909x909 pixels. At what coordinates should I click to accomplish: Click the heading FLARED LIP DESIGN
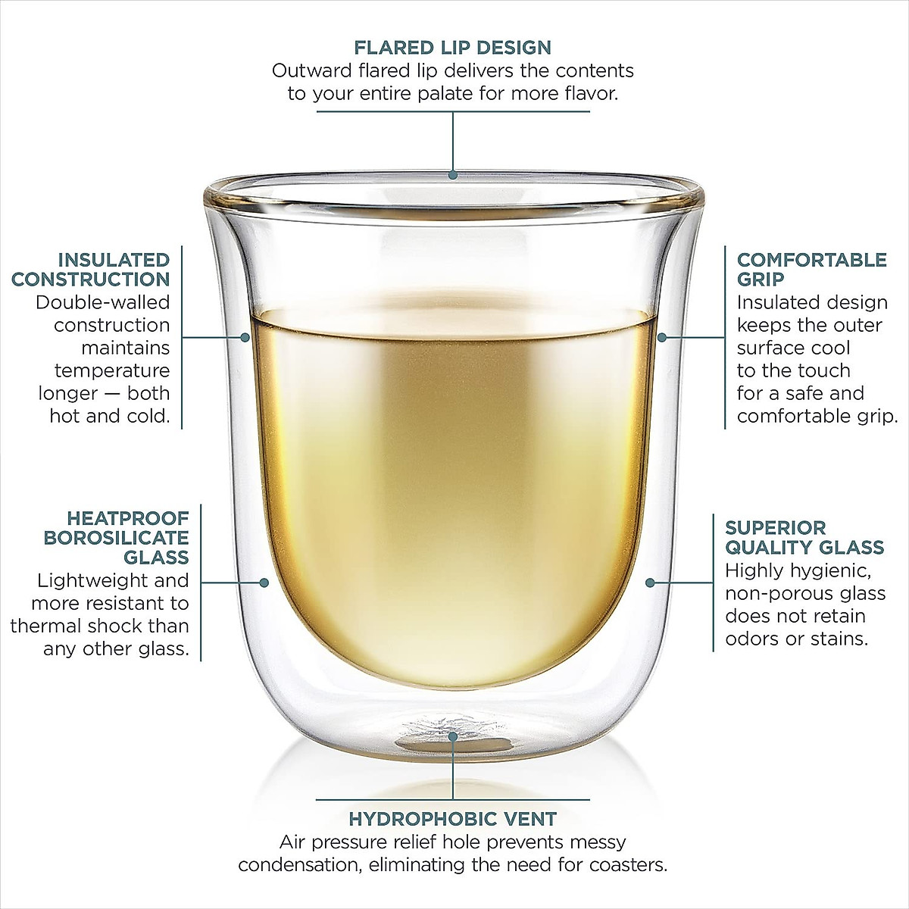(x=453, y=48)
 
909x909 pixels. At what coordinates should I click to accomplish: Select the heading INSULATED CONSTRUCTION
(x=91, y=270)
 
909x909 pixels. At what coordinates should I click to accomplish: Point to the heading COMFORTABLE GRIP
(x=811, y=269)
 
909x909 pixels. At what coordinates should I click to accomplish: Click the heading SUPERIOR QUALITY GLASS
(x=804, y=538)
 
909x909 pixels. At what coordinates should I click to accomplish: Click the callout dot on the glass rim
(x=453, y=175)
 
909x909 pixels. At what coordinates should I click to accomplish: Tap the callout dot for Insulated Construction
(x=245, y=337)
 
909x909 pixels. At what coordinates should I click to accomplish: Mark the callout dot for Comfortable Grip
(x=662, y=337)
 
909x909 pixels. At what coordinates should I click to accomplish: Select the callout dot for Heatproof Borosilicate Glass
(x=264, y=583)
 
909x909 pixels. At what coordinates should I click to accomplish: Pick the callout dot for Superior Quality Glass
(x=649, y=583)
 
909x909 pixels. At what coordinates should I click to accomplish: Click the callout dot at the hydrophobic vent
(x=453, y=736)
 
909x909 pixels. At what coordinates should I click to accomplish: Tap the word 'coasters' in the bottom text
(x=629, y=865)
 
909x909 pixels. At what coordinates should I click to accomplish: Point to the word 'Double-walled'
(x=103, y=302)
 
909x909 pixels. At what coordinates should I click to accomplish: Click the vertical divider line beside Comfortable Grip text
(x=725, y=337)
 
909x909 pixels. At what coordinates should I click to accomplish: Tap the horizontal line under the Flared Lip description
(x=453, y=112)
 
